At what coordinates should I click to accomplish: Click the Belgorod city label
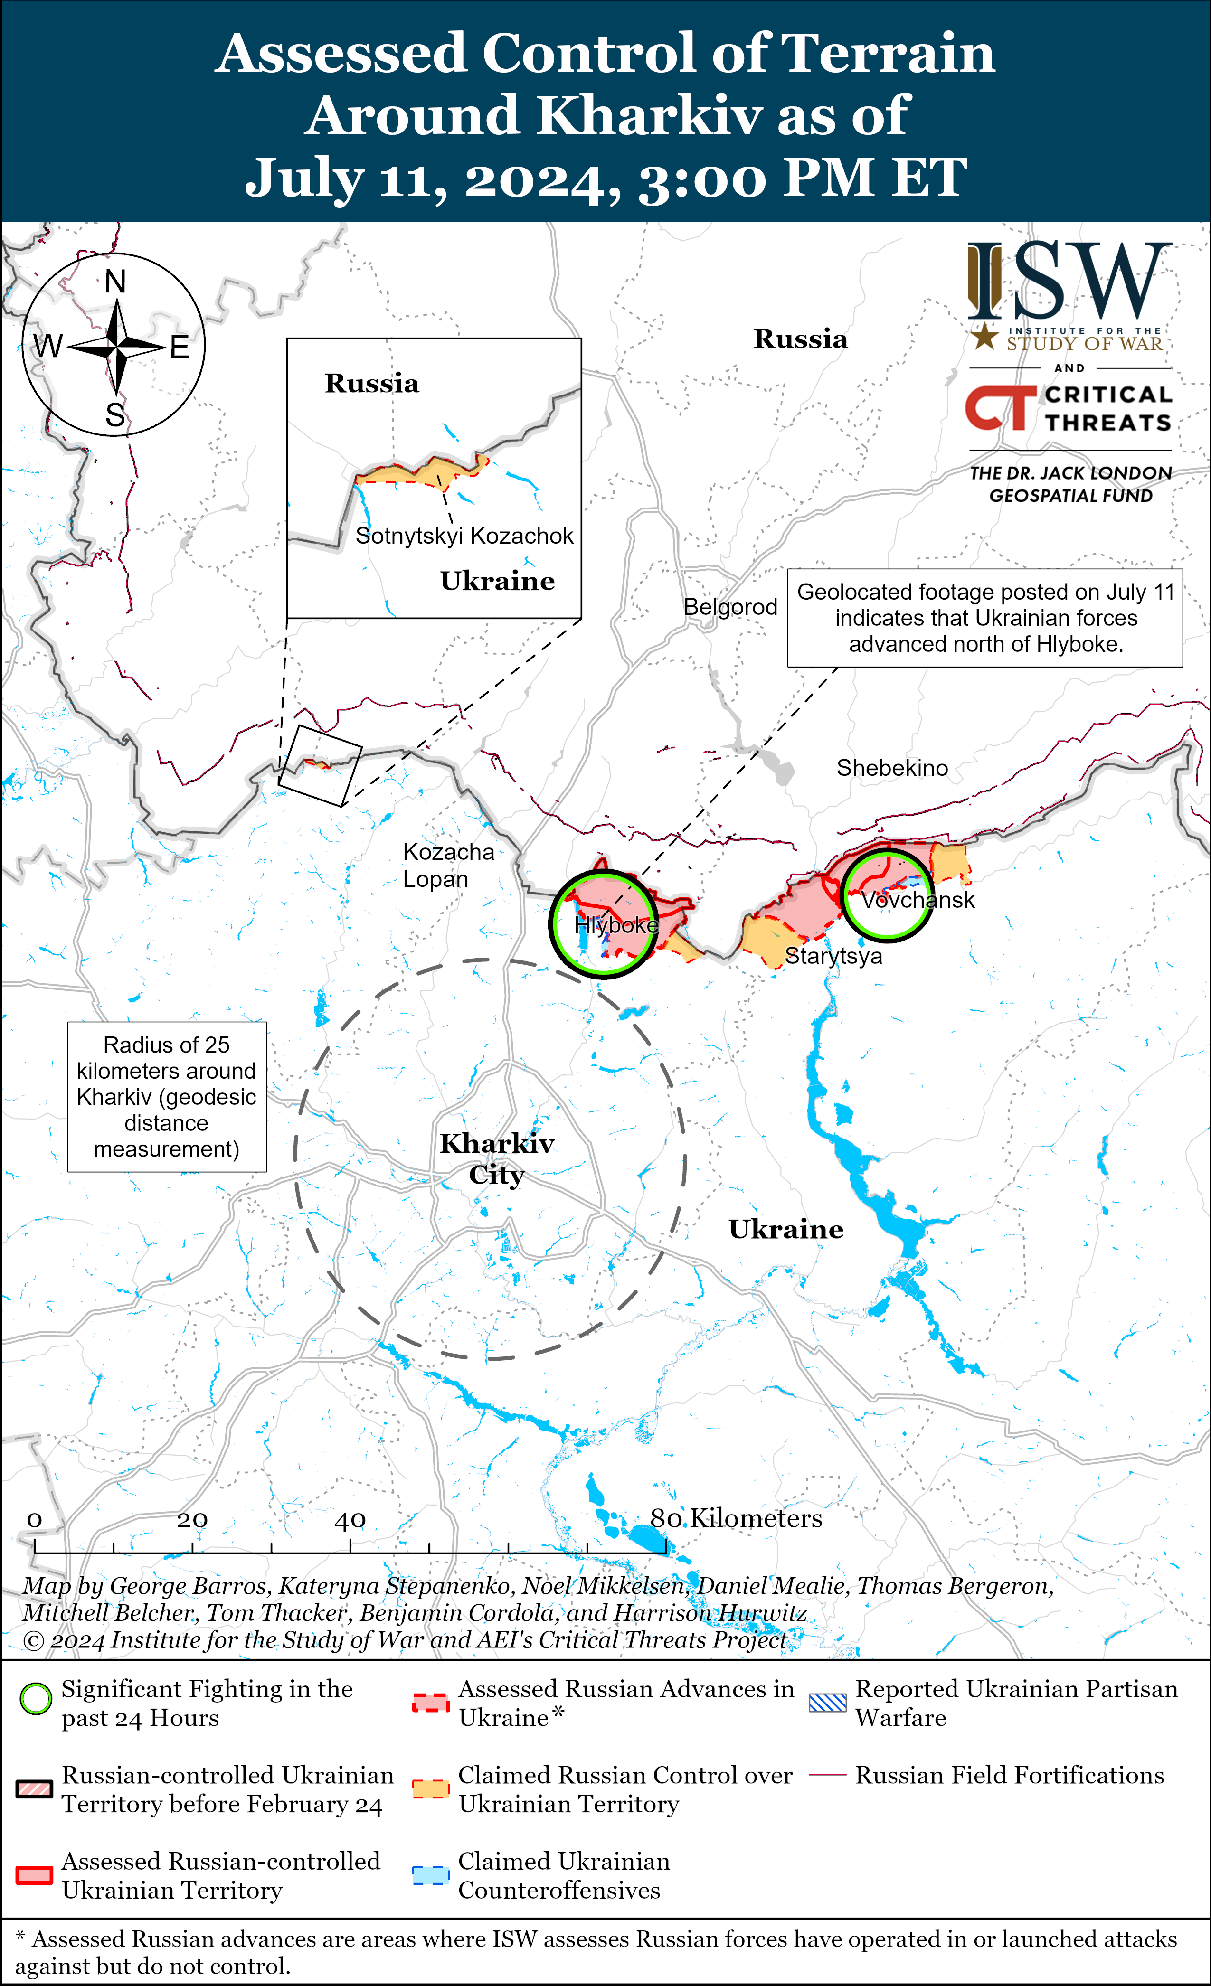730,607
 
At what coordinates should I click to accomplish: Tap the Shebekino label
892,768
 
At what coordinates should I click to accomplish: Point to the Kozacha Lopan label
447,866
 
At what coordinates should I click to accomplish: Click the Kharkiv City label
497,1159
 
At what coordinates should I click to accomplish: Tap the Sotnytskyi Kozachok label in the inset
464,536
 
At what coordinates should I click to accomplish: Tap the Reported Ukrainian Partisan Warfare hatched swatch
827,1702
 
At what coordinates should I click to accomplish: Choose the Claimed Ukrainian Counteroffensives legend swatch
431,1875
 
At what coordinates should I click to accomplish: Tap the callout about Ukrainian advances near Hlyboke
984,618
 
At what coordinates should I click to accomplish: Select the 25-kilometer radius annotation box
167,1097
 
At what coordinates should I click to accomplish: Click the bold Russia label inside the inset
372,384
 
